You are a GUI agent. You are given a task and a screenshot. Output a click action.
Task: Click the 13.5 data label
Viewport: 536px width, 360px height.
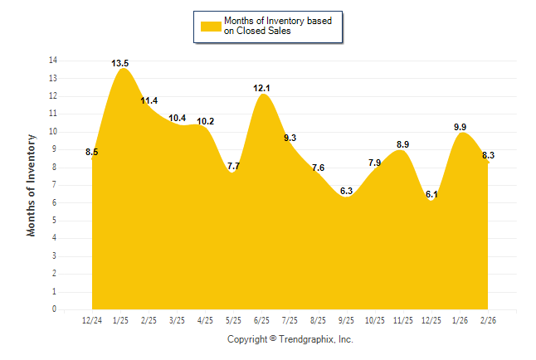(x=119, y=63)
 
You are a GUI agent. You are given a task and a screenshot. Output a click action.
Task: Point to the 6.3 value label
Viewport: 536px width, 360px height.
(x=347, y=191)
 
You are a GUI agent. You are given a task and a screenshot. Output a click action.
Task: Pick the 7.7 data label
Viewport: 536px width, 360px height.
(x=233, y=166)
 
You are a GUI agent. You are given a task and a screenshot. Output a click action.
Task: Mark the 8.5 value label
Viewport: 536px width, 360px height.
(x=92, y=152)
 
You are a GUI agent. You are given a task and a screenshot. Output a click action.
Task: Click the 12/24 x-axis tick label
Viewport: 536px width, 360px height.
(x=91, y=319)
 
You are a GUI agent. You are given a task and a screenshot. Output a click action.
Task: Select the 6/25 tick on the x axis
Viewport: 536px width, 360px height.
(x=262, y=319)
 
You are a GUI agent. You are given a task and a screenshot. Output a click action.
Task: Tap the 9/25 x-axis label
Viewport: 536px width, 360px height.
(x=347, y=319)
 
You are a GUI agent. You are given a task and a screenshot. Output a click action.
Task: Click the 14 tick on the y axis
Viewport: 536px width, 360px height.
(x=53, y=61)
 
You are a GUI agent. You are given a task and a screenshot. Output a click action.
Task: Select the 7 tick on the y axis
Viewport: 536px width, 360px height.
(x=55, y=185)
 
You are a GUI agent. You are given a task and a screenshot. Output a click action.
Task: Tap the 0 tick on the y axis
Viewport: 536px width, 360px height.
(x=55, y=309)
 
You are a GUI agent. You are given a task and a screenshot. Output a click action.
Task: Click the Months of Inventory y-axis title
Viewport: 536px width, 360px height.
(x=32, y=185)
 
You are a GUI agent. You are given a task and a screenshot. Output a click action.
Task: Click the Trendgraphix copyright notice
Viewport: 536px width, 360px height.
(x=290, y=339)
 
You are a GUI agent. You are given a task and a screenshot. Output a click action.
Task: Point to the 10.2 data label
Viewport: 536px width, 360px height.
(x=206, y=122)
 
